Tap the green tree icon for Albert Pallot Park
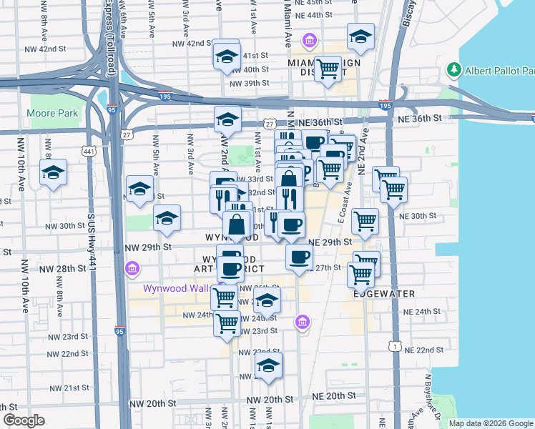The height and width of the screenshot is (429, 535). [x=452, y=70]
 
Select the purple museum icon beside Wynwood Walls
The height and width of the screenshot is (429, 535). [x=131, y=269]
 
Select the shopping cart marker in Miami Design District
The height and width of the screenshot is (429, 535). [x=328, y=69]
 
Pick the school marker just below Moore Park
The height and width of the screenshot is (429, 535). [x=54, y=173]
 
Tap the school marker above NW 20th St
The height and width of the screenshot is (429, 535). [x=268, y=365]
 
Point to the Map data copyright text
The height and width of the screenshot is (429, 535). [x=491, y=423]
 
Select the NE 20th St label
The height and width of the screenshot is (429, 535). [x=334, y=395]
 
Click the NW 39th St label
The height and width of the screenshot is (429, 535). [x=249, y=83]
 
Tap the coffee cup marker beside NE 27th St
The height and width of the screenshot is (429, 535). [x=300, y=256]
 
